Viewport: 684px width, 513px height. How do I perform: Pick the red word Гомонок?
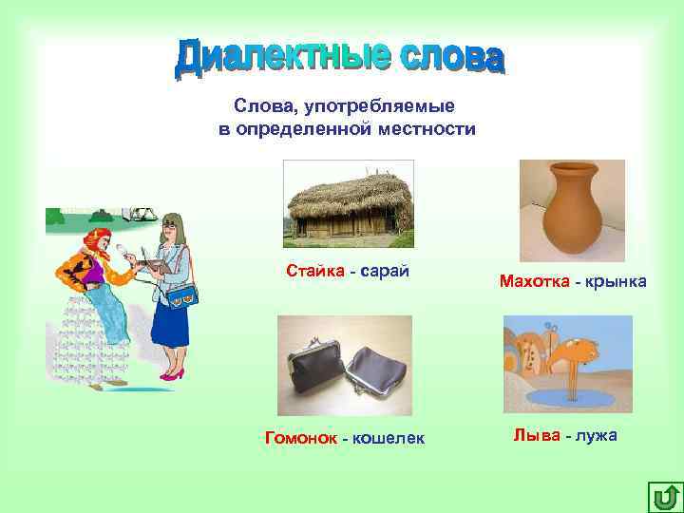(x=300, y=437)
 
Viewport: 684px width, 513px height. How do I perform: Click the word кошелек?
(x=388, y=437)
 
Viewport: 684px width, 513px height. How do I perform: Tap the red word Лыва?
(x=535, y=435)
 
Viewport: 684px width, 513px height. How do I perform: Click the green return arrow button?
(x=664, y=495)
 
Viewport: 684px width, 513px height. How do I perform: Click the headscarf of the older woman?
(x=96, y=240)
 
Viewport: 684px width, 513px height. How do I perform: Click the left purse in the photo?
(x=316, y=371)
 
